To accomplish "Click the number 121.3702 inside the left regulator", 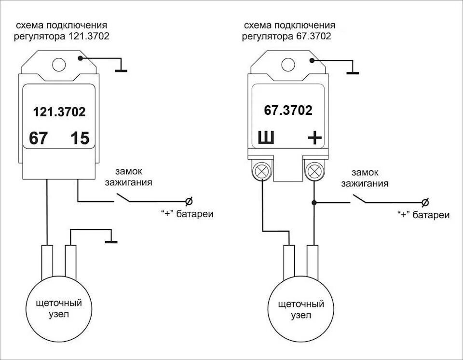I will pyautogui.click(x=59, y=112).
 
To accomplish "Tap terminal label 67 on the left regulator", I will pyautogui.click(x=38, y=138).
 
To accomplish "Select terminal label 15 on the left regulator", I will pyautogui.click(x=80, y=138).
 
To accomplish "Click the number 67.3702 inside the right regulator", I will pyautogui.click(x=288, y=111).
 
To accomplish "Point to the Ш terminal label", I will pyautogui.click(x=266, y=139).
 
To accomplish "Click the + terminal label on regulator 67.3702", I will pyautogui.click(x=314, y=139).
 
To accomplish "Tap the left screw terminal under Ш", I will pyautogui.click(x=262, y=171).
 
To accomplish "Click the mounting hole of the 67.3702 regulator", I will pyautogui.click(x=288, y=64).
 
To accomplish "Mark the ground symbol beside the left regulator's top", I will pyautogui.click(x=121, y=70).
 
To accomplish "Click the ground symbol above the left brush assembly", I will pyautogui.click(x=111, y=241).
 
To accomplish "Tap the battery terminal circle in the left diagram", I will pyautogui.click(x=189, y=201).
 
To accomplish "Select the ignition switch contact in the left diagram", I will pyautogui.click(x=123, y=198).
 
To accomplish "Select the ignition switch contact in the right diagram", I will pyautogui.click(x=360, y=199).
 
